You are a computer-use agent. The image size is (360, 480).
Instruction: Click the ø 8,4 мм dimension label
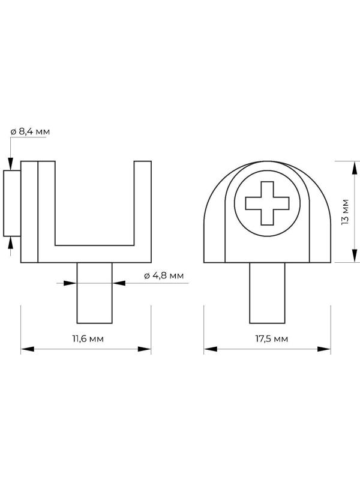[x=30, y=131]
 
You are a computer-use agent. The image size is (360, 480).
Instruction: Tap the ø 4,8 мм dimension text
[x=164, y=275]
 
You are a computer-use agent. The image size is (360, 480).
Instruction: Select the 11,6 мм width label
[x=88, y=338]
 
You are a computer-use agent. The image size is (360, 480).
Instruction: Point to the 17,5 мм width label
[x=272, y=338]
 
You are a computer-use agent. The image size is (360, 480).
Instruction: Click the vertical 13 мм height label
[x=345, y=212]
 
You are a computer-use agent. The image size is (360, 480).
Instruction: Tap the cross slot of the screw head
[x=267, y=203]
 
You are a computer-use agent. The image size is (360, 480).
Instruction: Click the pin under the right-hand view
[x=267, y=293]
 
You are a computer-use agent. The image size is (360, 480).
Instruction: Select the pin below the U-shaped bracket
[x=95, y=293]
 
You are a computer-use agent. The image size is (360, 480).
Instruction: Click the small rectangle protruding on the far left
[x=12, y=203]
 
